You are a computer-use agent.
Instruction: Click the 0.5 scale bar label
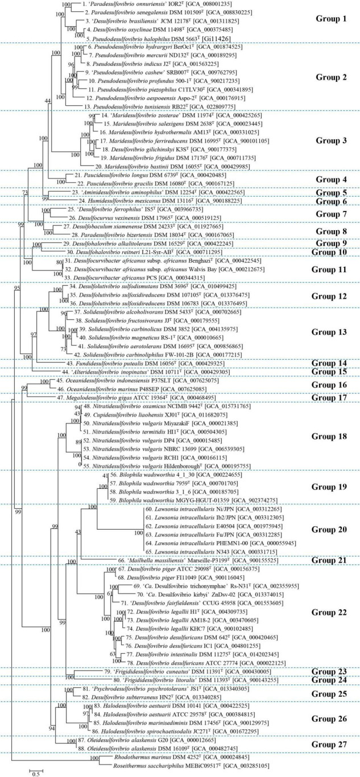(x=35, y=772)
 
